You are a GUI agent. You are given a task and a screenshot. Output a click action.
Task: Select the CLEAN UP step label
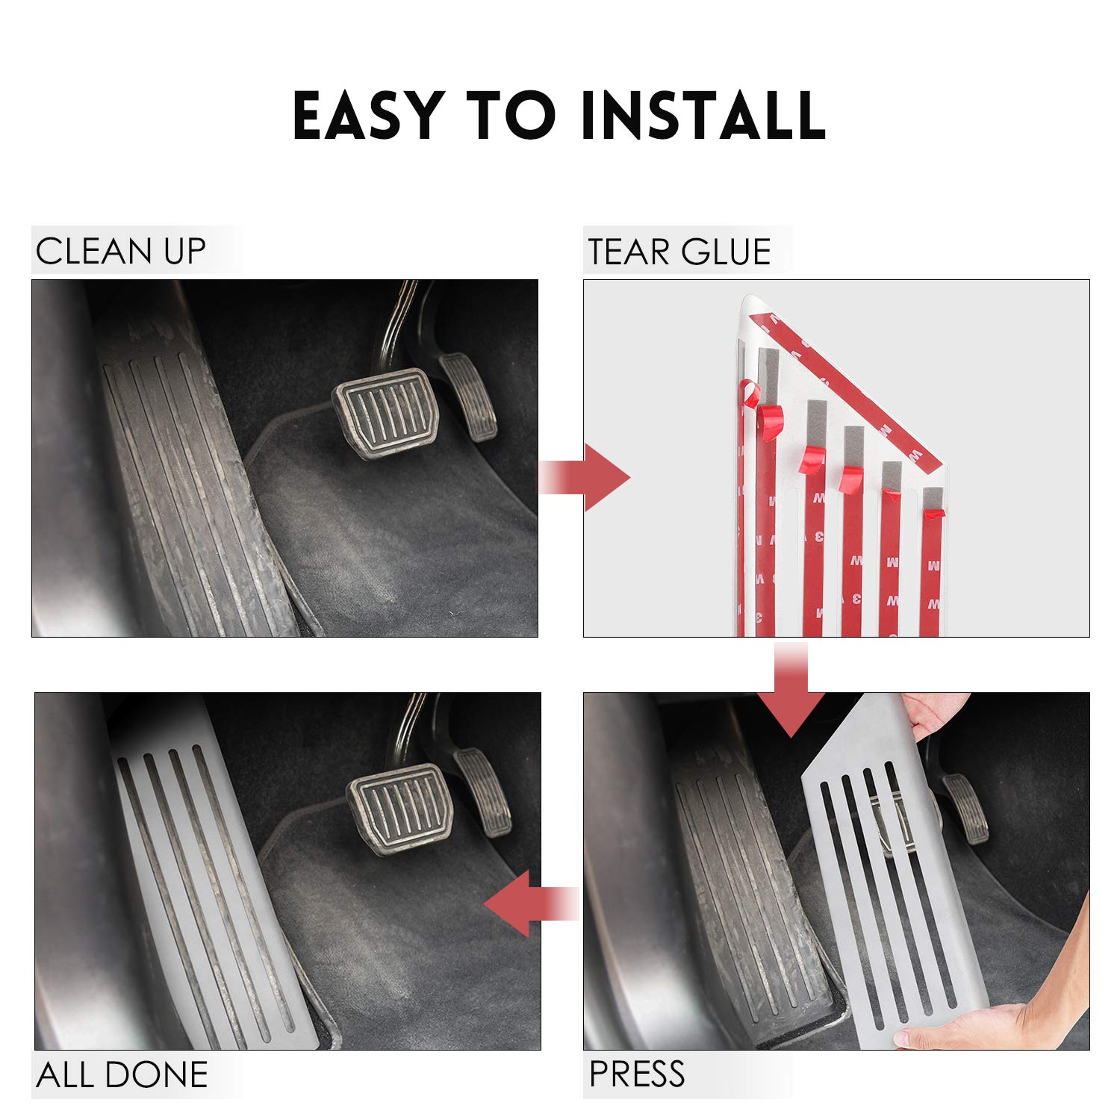[x=120, y=252]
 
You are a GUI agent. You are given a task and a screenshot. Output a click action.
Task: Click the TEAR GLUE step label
[x=679, y=252]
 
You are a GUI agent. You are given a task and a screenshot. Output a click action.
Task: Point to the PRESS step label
[x=636, y=1074]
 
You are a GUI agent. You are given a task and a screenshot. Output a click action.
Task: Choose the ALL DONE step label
[x=122, y=1075]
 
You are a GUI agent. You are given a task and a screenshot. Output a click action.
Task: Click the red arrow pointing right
[x=584, y=477]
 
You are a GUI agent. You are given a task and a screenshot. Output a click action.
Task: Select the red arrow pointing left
[x=532, y=903]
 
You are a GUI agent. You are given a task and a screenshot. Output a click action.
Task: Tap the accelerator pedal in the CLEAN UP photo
[x=468, y=398]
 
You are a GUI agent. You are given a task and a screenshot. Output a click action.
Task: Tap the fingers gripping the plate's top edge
[x=933, y=714]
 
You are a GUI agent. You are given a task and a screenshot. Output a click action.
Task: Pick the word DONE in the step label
[x=156, y=1075]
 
